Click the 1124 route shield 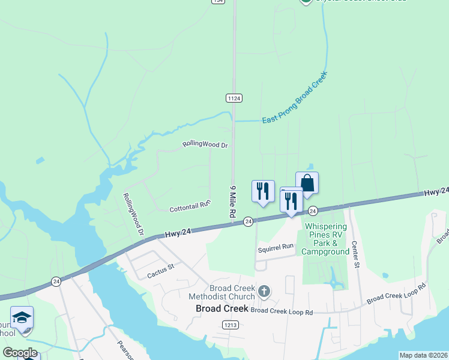[234, 98]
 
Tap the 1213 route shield [229, 325]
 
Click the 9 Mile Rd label [232, 201]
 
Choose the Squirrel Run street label [276, 247]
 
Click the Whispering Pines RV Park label [327, 239]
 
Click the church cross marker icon [263, 292]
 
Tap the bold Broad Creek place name [221, 309]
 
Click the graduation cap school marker [22, 317]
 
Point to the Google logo [20, 353]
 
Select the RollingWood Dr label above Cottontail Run [206, 145]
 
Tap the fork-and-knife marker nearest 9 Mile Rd [263, 191]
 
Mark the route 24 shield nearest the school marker [56, 281]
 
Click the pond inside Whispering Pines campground [331, 278]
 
